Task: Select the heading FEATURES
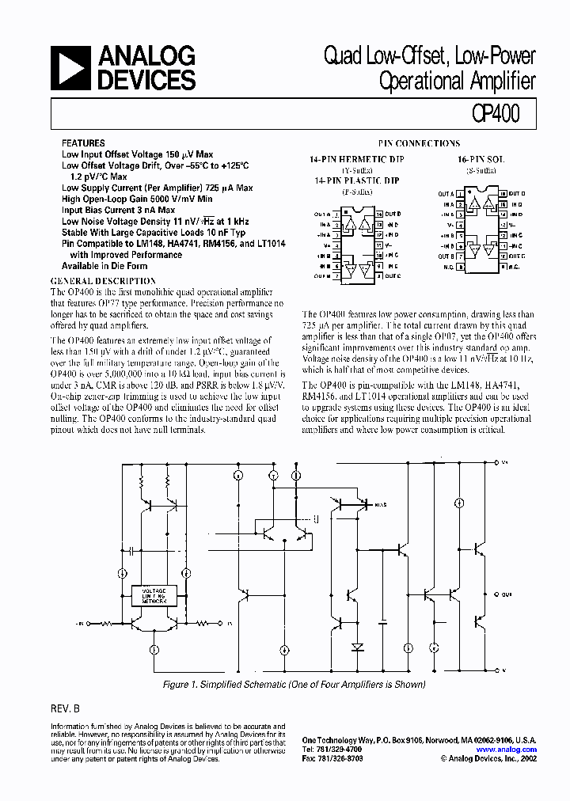(x=82, y=144)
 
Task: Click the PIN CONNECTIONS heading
(x=419, y=143)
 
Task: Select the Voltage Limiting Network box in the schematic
(x=154, y=596)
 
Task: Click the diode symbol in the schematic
(x=357, y=647)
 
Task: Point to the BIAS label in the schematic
(x=381, y=503)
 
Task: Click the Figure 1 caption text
(x=294, y=685)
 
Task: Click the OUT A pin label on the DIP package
(x=321, y=214)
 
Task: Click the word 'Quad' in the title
(x=341, y=57)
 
